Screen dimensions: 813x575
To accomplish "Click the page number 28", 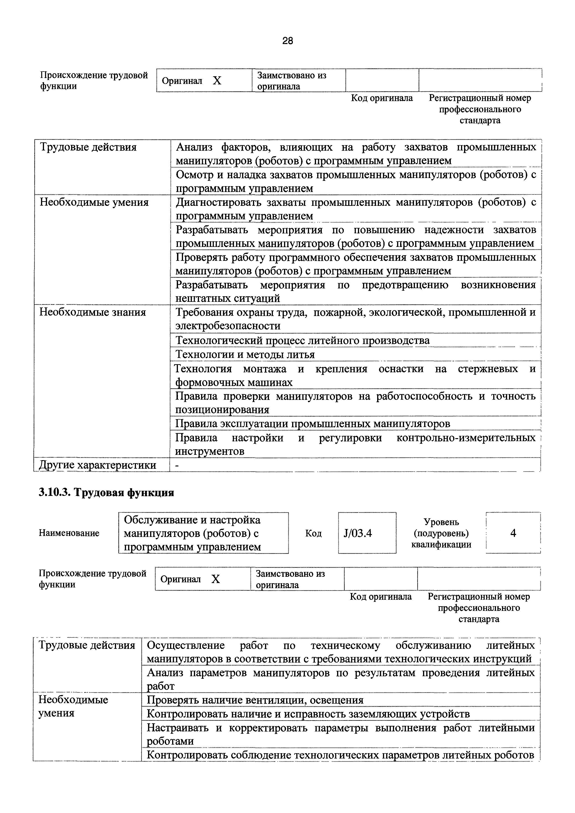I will pyautogui.click(x=287, y=41).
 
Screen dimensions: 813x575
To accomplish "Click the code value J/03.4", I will pyautogui.click(x=358, y=533).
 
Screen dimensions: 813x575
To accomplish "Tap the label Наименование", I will pyautogui.click(x=69, y=533).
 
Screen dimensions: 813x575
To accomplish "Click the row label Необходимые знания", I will pyautogui.click(x=92, y=312).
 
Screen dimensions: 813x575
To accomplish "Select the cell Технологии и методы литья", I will pyautogui.click(x=245, y=354).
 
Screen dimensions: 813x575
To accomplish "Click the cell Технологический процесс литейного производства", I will pyautogui.click(x=303, y=341).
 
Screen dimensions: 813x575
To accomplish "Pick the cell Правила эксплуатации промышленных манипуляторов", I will pyautogui.click(x=313, y=424).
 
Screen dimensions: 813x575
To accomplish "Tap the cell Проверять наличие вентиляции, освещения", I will pyautogui.click(x=255, y=700).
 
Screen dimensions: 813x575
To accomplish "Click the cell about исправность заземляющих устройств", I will pyautogui.click(x=308, y=714).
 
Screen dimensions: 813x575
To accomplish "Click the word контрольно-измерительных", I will pyautogui.click(x=466, y=438).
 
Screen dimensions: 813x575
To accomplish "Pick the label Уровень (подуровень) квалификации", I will pyautogui.click(x=441, y=533).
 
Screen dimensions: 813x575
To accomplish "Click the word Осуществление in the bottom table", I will pyautogui.click(x=186, y=645).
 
